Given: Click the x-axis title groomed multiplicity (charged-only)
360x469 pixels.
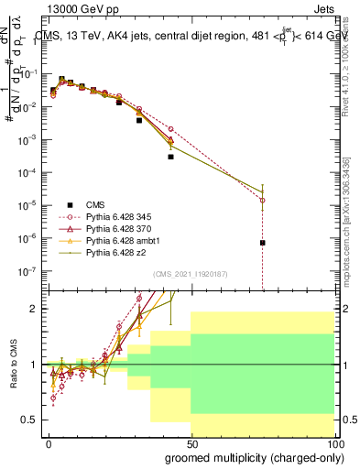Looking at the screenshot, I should click(x=249, y=457).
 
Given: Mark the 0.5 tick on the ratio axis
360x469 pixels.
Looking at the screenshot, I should click(x=33, y=420).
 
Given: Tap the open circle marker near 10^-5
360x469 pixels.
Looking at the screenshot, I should click(x=263, y=200).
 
